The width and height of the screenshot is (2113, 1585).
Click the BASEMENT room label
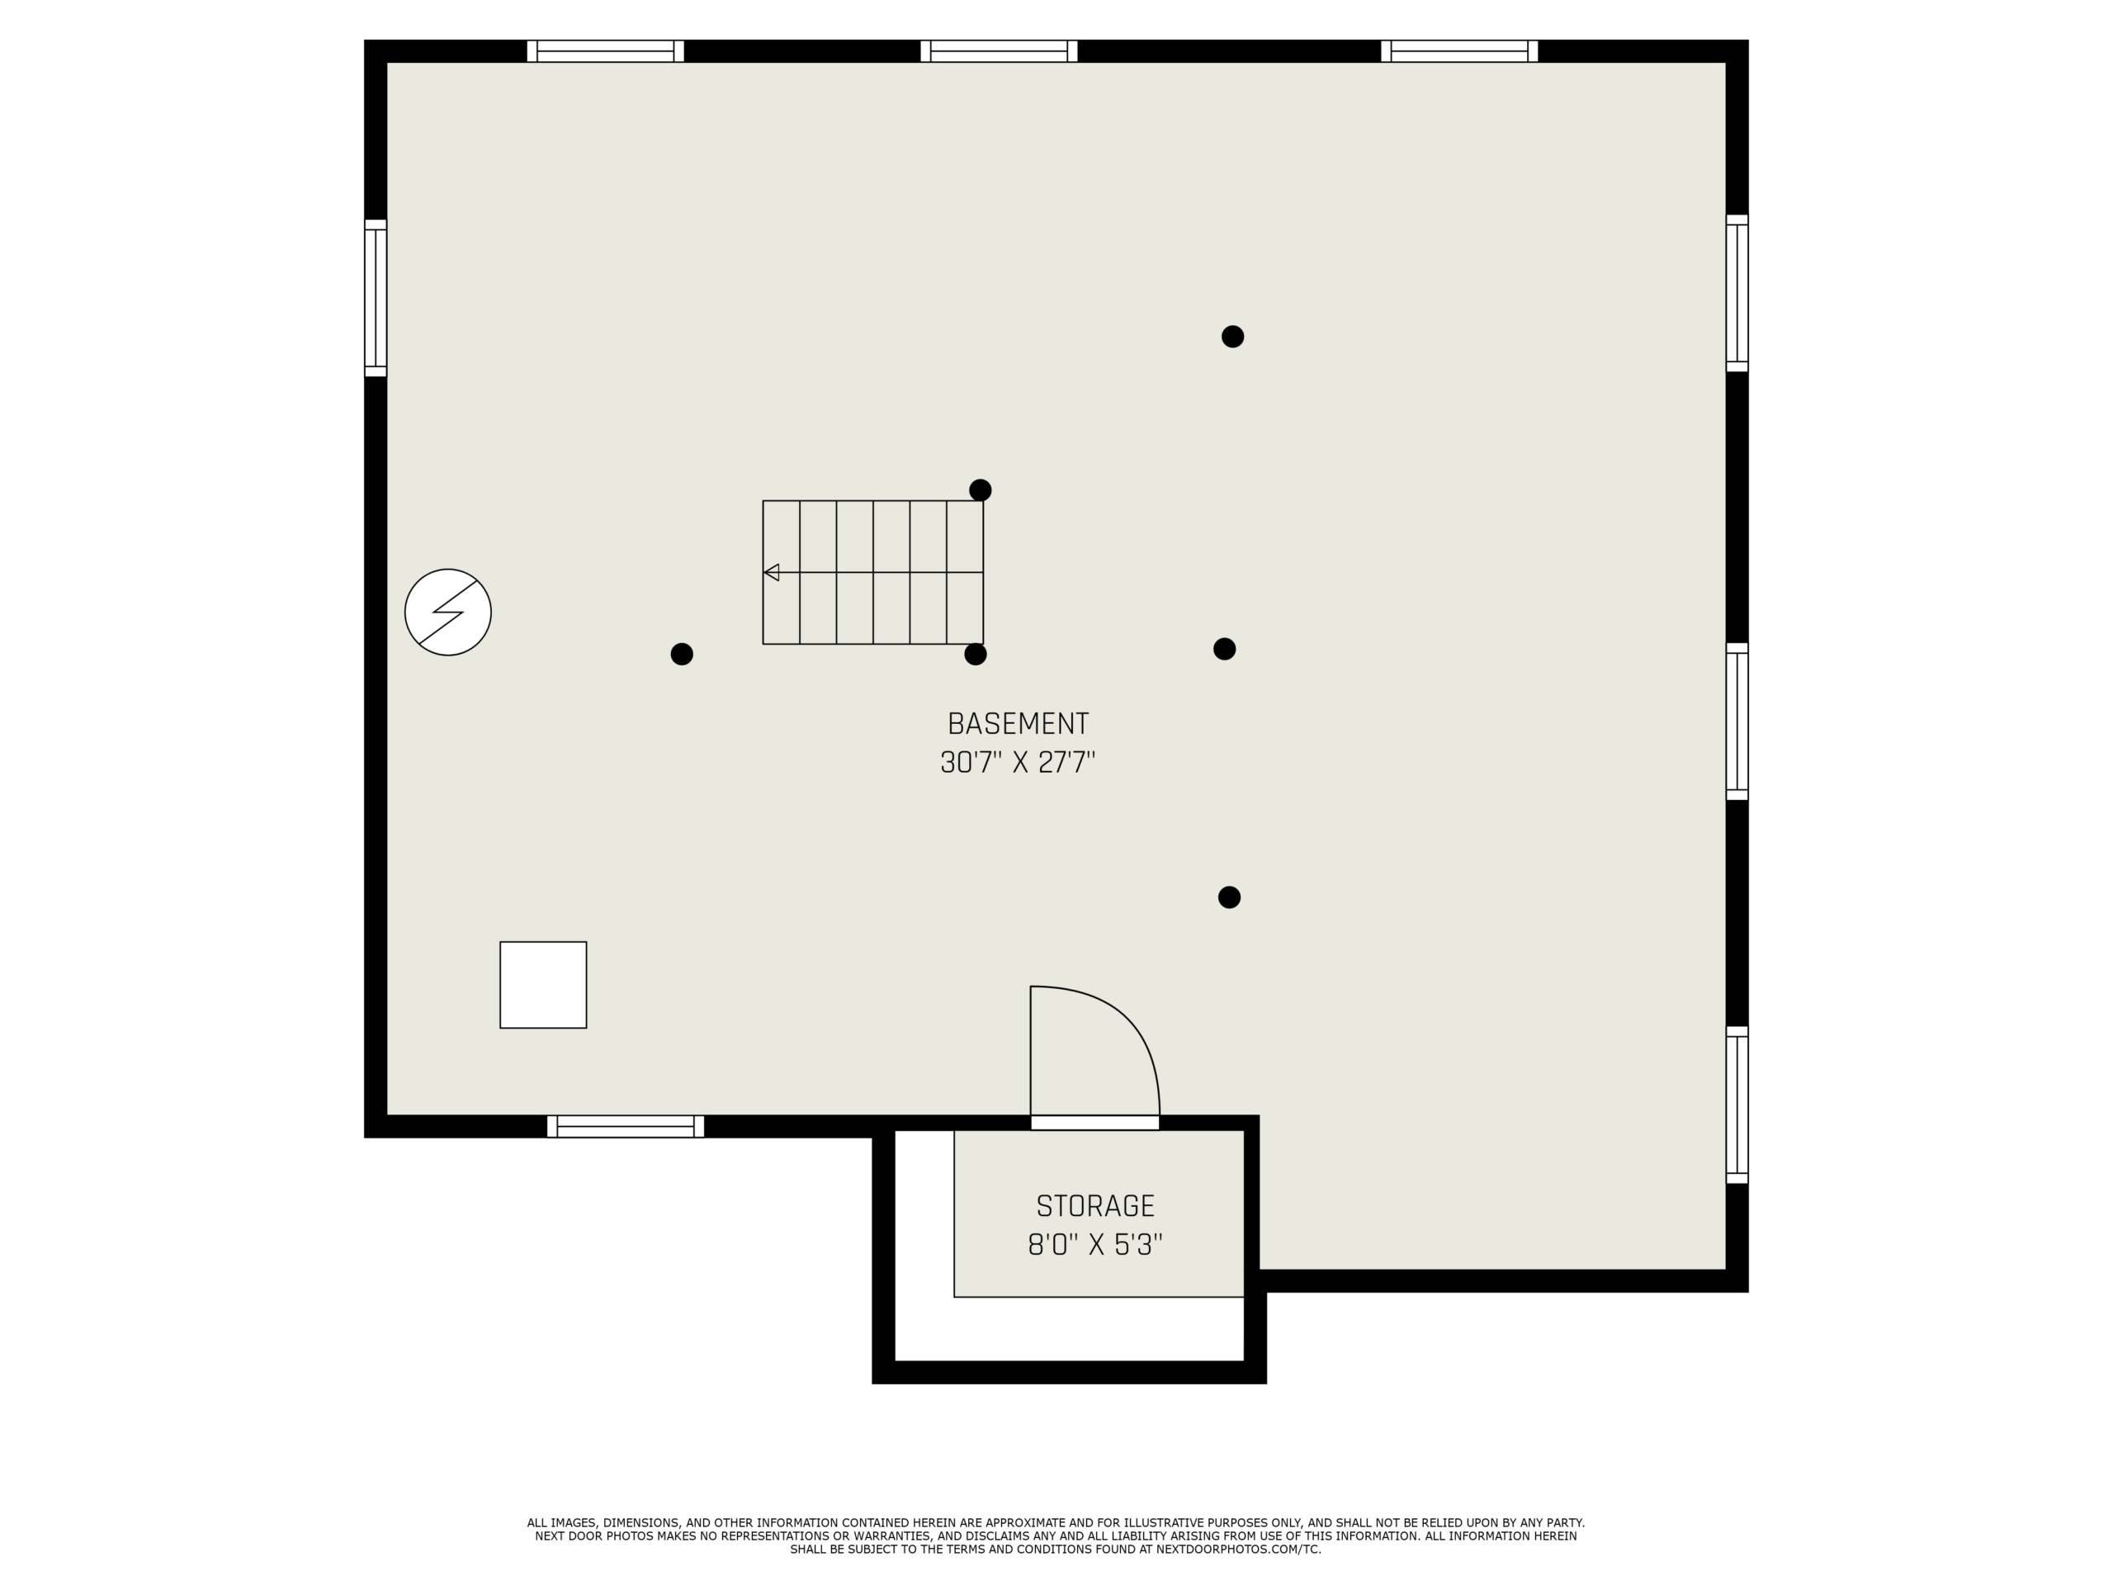pyautogui.click(x=1018, y=723)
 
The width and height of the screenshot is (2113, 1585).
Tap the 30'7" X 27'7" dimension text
pyautogui.click(x=1018, y=763)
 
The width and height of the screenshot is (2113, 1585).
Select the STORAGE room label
pyautogui.click(x=1095, y=1206)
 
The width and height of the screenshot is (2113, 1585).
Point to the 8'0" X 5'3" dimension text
pyautogui.click(x=1095, y=1245)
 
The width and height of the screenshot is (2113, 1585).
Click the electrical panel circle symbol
pyautogui.click(x=448, y=613)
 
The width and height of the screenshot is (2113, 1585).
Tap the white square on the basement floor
pyautogui.click(x=544, y=985)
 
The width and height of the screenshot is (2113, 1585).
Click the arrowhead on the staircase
pyautogui.click(x=772, y=572)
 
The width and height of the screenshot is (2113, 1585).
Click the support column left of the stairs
pyautogui.click(x=682, y=654)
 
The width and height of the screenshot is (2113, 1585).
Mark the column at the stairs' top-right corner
pyautogui.click(x=980, y=490)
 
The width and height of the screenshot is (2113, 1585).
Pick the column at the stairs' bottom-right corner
pyautogui.click(x=976, y=655)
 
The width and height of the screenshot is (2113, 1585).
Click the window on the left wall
pyautogui.click(x=376, y=298)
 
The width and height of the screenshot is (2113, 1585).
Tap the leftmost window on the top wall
pyautogui.click(x=606, y=50)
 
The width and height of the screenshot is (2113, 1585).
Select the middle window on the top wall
pyautogui.click(x=1000, y=50)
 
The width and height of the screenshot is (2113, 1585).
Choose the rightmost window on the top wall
pyautogui.click(x=1459, y=50)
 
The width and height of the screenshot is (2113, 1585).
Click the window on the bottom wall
pyautogui.click(x=626, y=1126)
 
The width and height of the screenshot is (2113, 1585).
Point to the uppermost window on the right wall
pyautogui.click(x=1737, y=293)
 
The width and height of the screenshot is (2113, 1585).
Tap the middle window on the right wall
pyautogui.click(x=1737, y=722)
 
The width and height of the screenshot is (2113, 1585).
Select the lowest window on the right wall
pyautogui.click(x=1737, y=1105)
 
